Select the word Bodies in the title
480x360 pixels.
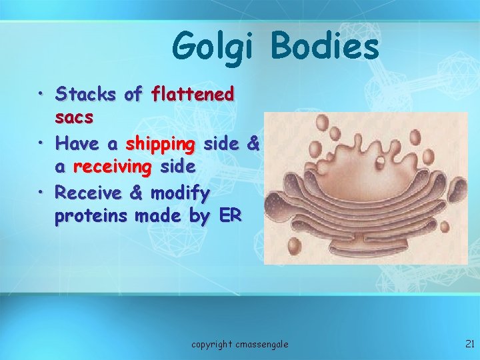(x=325, y=47)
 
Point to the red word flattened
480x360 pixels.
(x=193, y=95)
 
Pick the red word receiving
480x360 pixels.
(x=112, y=167)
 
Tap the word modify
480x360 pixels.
(x=180, y=193)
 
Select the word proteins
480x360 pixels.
(x=92, y=216)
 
